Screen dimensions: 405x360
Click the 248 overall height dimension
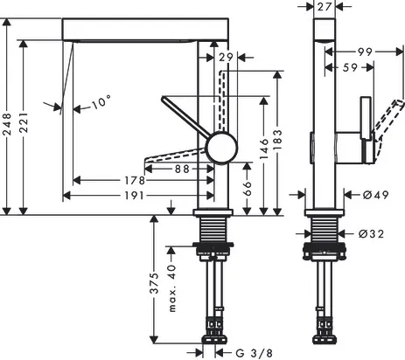tap(7, 124)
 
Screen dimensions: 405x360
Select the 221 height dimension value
tap(24, 122)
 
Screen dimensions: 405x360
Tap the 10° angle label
tap(101, 102)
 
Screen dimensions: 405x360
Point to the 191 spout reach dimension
tap(134, 196)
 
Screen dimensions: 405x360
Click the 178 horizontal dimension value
tap(135, 181)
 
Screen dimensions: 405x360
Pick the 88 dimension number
tap(182, 169)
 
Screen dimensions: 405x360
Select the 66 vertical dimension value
tap(247, 189)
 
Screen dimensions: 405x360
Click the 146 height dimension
tap(264, 149)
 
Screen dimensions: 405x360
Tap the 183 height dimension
tap(278, 140)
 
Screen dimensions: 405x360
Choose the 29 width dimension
tap(226, 58)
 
